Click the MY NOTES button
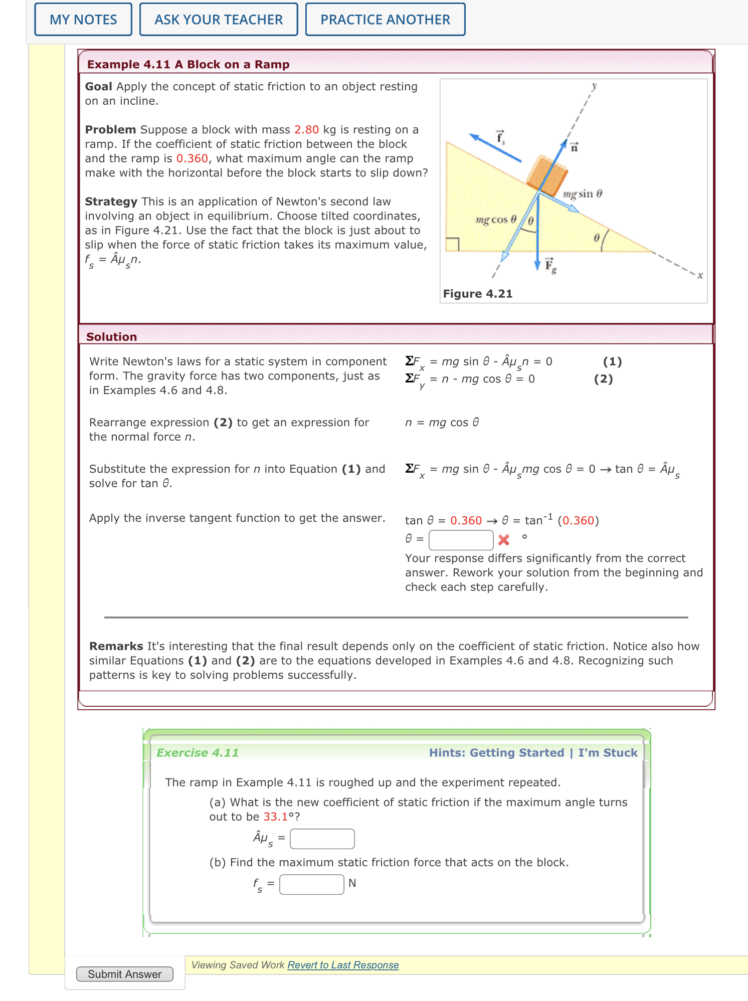(x=83, y=20)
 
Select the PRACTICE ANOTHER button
(x=385, y=20)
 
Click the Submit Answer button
(x=124, y=974)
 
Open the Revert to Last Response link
(x=343, y=965)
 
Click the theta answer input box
(x=461, y=540)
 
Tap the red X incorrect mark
(x=504, y=540)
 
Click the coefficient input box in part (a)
(x=322, y=839)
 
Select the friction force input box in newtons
(x=311, y=884)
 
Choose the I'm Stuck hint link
(x=608, y=753)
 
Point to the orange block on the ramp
(x=546, y=175)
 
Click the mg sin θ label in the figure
(x=582, y=194)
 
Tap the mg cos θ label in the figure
(x=496, y=220)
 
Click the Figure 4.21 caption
(x=477, y=294)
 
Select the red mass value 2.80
(x=306, y=130)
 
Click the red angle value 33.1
(x=275, y=817)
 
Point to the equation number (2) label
(x=603, y=379)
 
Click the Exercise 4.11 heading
(x=198, y=753)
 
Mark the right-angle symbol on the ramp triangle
(x=453, y=244)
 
